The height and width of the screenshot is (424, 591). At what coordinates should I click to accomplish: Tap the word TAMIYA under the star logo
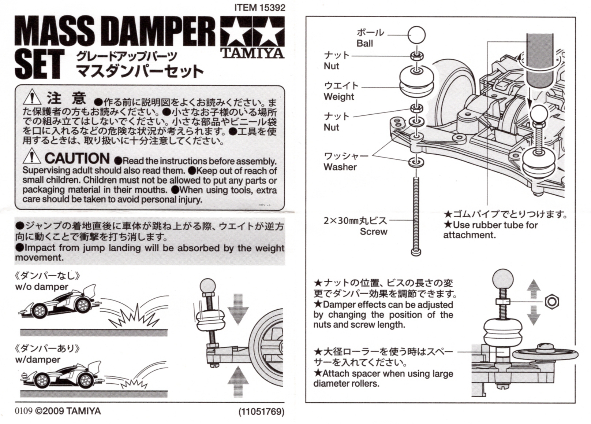pos(253,53)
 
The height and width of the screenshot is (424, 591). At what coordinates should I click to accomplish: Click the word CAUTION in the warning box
pos(77,158)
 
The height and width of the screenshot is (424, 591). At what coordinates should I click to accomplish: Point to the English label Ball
pos(364,43)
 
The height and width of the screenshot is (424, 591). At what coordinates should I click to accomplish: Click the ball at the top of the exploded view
pos(416,35)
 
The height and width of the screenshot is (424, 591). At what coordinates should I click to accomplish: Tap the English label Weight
pos(339,97)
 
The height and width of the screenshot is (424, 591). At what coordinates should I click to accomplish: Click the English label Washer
pos(340,167)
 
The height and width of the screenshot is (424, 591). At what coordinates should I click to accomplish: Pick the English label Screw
pos(374,232)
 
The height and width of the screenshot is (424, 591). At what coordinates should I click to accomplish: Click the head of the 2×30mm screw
pos(416,252)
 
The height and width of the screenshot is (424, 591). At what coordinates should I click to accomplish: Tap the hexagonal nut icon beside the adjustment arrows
pos(552,302)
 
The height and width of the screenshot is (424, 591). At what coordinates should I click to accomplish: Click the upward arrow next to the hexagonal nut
pos(534,289)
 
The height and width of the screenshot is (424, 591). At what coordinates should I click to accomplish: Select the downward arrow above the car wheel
pos(238,309)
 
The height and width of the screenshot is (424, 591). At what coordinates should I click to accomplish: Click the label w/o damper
pos(42,287)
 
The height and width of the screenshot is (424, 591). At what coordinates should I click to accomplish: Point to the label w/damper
pos(38,360)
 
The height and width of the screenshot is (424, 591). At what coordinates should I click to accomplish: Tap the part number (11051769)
pos(261,412)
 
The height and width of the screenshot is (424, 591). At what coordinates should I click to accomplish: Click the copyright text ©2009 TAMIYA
pos(68,411)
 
